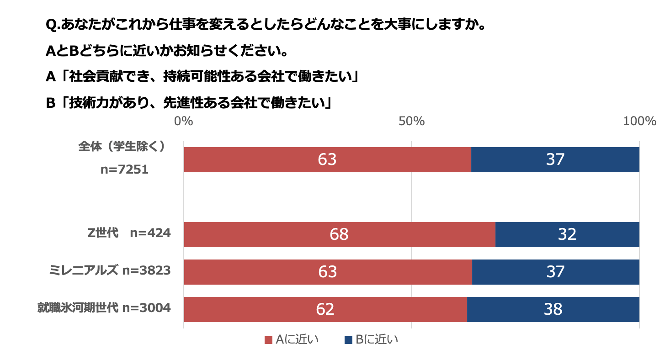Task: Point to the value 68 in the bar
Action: [339, 234]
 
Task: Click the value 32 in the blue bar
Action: [567, 234]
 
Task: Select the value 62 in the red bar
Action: [325, 309]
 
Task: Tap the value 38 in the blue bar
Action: [553, 309]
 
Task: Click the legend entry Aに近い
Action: [292, 340]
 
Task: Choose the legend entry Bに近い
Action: [371, 340]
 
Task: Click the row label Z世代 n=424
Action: [129, 233]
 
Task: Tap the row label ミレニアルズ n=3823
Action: [110, 270]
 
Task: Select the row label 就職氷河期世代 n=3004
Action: [104, 308]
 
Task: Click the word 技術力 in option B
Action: [86, 103]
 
